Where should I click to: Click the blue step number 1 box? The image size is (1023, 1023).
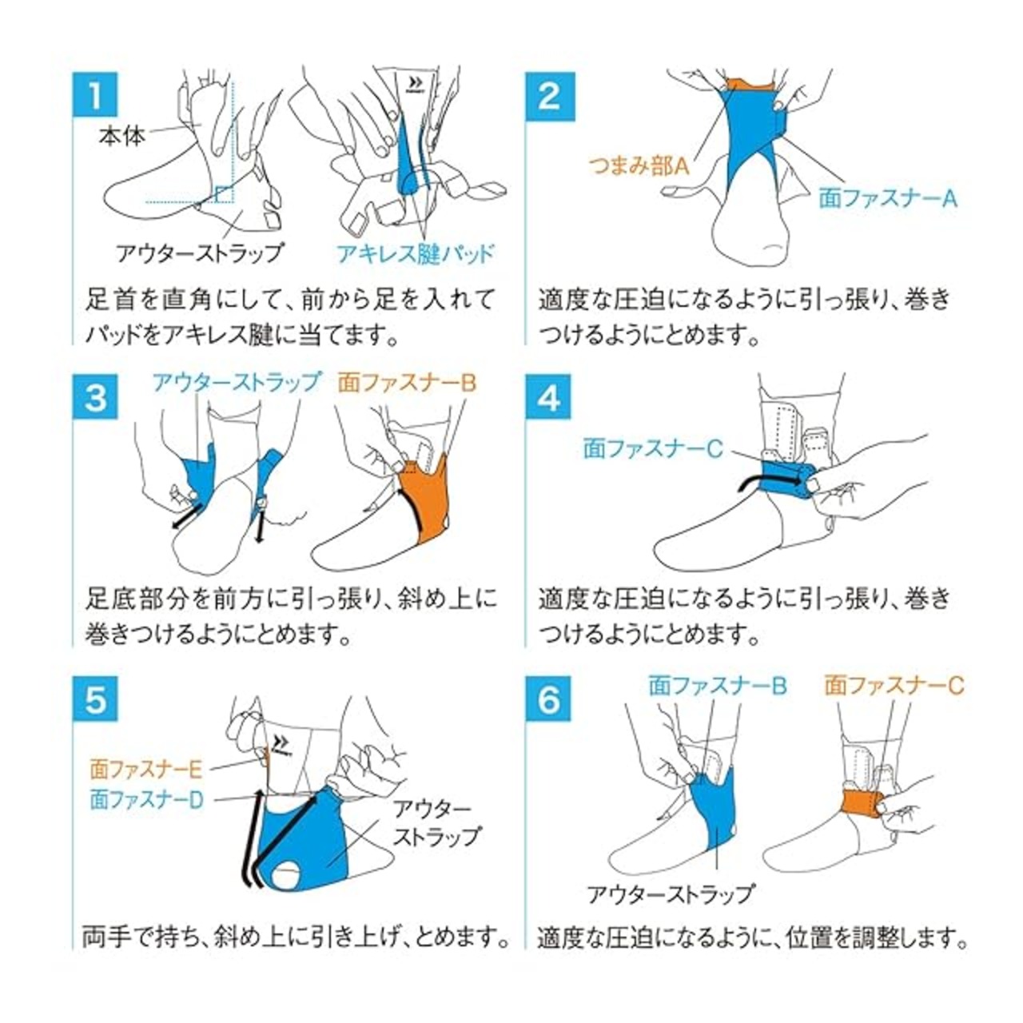95,95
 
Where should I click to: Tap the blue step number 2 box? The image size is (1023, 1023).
548,95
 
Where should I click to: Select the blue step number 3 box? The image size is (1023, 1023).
95,398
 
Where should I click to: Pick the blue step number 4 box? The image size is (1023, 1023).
548,398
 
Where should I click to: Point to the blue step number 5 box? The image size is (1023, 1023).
95,700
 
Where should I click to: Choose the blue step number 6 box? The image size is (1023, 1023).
548,700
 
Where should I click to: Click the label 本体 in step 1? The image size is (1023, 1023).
122,137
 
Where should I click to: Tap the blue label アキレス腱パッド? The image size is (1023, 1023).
416,254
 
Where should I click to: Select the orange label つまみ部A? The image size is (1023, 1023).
639,167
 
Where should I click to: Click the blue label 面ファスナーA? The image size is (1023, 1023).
888,198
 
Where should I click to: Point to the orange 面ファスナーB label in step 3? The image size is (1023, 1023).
407,383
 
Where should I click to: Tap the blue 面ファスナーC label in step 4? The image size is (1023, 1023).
653,449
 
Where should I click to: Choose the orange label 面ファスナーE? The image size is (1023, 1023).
146,769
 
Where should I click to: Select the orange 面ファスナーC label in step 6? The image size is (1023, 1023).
894,686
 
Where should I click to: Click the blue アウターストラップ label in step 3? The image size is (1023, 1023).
237,382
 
